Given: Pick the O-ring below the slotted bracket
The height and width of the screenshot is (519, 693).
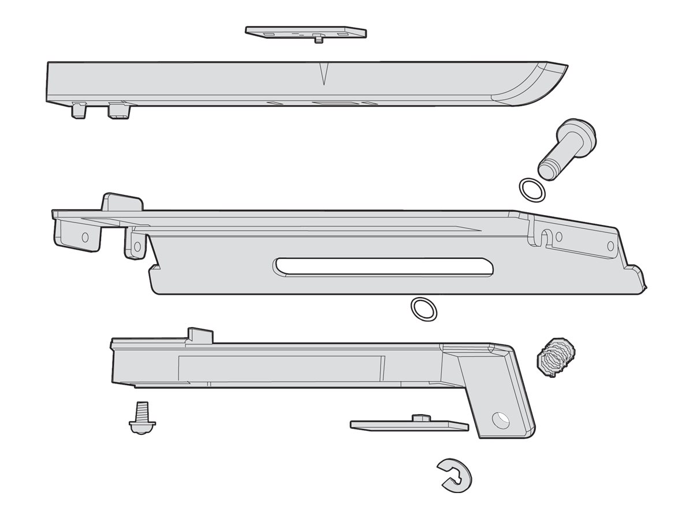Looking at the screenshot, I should click(423, 309).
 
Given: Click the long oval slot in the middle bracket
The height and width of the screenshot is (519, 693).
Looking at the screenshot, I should click(384, 266).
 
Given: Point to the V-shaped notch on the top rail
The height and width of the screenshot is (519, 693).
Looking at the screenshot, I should click(323, 74).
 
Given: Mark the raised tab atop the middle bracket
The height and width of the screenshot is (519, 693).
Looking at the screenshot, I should click(122, 202).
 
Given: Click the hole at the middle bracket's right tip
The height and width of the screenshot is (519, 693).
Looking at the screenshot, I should click(610, 246).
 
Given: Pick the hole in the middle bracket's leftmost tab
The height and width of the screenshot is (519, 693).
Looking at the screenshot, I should click(85, 236).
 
